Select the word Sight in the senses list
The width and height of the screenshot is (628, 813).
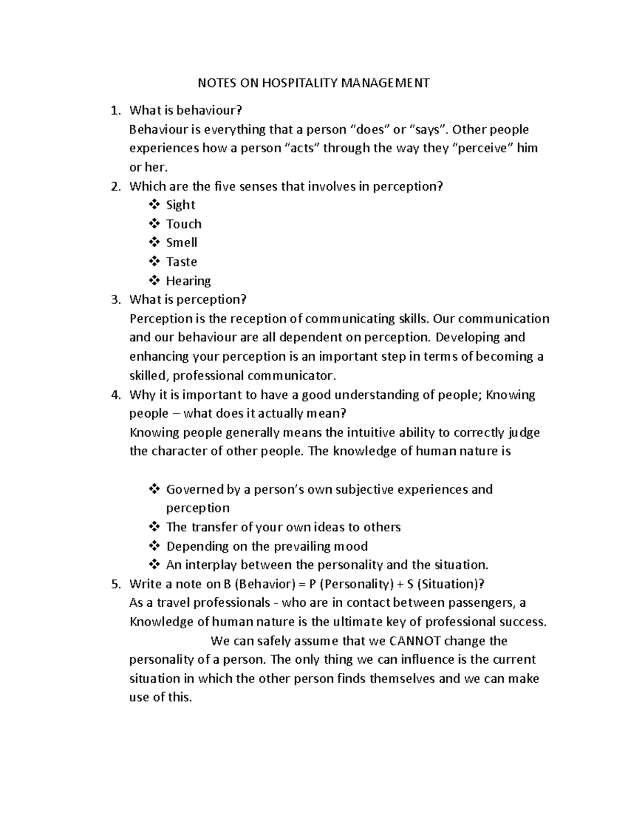pyautogui.click(x=181, y=205)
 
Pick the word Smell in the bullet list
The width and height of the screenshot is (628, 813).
pyautogui.click(x=182, y=242)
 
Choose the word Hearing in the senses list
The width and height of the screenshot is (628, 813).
pyautogui.click(x=188, y=281)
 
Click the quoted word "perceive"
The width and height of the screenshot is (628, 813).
pyautogui.click(x=485, y=148)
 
